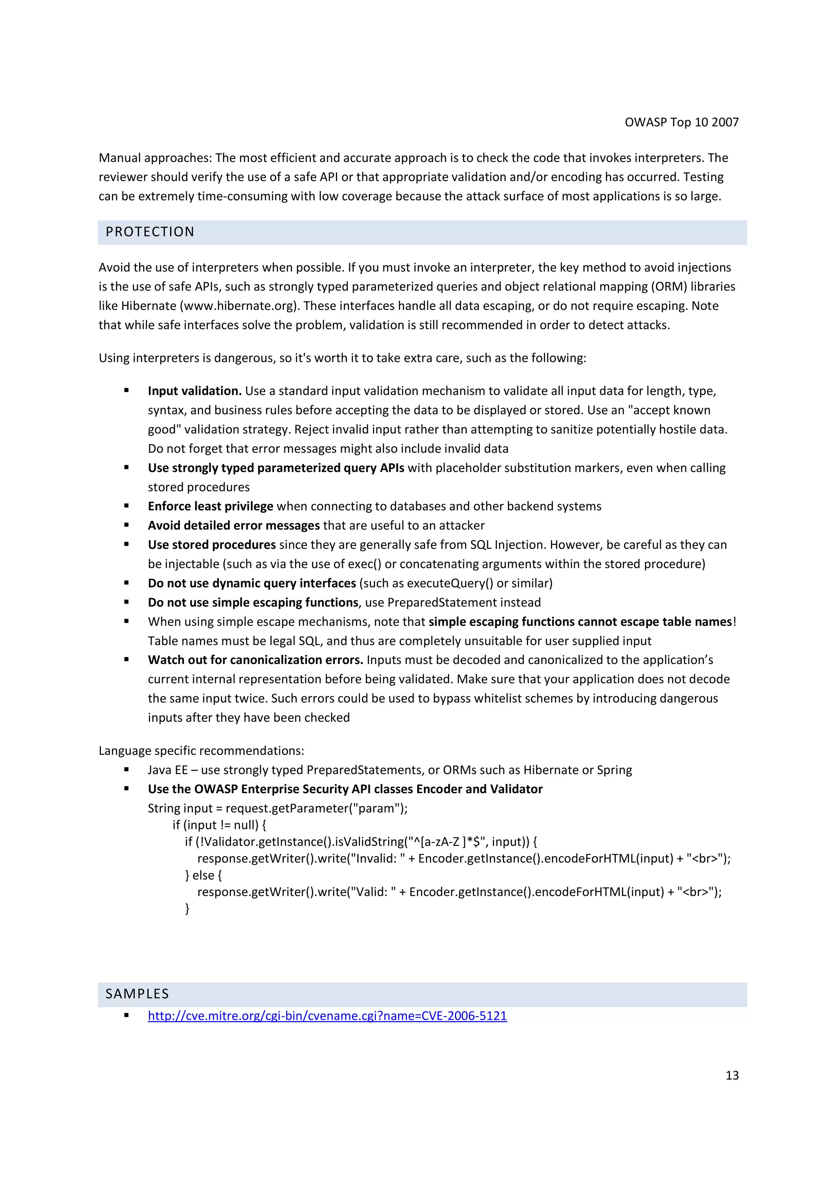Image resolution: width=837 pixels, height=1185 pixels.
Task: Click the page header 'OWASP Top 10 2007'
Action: click(681, 122)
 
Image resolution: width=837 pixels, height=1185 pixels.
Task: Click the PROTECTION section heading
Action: click(150, 232)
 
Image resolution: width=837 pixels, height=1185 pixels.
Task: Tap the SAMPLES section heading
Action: click(137, 994)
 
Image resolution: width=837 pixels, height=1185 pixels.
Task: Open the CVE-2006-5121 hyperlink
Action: click(327, 1016)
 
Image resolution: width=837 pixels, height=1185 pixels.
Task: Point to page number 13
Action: click(732, 1075)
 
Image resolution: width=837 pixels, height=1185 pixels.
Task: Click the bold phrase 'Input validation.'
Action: click(195, 391)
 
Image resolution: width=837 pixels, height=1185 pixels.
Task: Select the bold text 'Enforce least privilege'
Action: click(210, 506)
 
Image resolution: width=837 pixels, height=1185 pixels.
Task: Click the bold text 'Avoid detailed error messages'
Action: click(234, 525)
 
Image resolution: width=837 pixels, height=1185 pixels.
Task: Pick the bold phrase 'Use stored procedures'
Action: click(211, 545)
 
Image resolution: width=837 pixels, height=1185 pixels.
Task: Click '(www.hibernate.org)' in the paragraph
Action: click(240, 306)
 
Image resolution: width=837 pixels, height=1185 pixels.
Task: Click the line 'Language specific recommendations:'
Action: click(201, 750)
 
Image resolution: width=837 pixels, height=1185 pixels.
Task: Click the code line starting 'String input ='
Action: click(278, 808)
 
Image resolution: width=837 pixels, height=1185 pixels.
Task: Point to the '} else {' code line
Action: click(203, 875)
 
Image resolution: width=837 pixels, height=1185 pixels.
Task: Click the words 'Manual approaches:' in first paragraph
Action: click(155, 158)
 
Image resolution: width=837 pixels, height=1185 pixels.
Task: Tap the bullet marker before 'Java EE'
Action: click(126, 770)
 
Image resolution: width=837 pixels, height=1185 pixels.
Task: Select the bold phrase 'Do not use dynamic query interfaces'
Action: click(252, 583)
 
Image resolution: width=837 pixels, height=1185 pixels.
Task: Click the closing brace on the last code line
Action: click(187, 908)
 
